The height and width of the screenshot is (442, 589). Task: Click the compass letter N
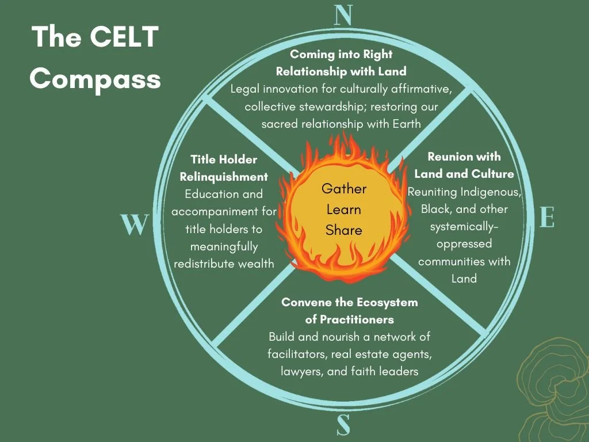click(343, 16)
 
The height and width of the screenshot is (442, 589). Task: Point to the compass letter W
click(135, 224)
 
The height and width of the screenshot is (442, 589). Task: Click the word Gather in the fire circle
click(344, 189)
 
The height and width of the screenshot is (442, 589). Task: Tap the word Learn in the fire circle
click(344, 209)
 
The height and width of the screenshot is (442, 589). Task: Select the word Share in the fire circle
click(344, 230)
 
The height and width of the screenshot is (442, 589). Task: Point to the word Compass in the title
click(95, 78)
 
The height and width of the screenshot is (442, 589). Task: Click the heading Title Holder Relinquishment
click(224, 167)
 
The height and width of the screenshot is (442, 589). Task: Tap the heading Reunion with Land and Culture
click(464, 165)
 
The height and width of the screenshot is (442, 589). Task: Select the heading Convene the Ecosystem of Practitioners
click(349, 310)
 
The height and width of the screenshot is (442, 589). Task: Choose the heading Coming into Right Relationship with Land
click(341, 63)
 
